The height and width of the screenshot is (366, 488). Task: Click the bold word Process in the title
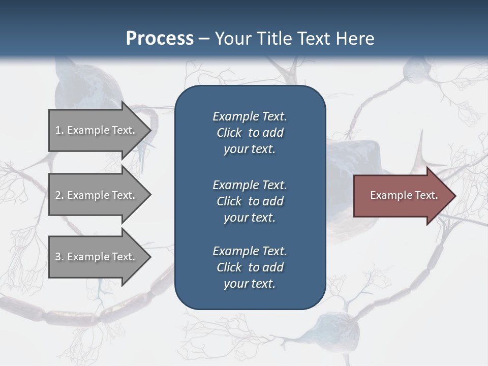coord(160,39)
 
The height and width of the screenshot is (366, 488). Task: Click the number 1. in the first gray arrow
coord(59,130)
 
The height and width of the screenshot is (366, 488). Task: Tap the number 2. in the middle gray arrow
coord(59,195)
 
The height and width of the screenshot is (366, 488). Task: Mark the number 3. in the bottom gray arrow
coord(59,257)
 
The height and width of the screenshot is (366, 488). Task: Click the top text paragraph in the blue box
coord(250,133)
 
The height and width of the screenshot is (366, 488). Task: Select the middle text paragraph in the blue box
coord(250,201)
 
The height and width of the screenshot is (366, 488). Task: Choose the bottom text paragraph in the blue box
coord(250,267)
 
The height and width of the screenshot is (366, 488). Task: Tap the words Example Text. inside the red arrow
coord(404,195)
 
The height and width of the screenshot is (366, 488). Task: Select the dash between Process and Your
coord(204,39)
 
